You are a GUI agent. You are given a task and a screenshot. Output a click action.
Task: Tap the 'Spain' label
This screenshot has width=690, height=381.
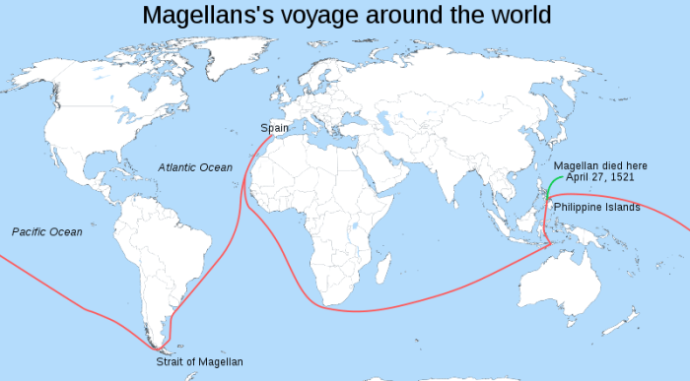pyautogui.click(x=275, y=128)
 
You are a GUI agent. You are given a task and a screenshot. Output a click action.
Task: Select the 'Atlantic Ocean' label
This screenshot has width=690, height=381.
pyautogui.click(x=195, y=167)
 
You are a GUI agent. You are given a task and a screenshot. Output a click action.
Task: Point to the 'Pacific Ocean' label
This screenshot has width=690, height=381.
pyautogui.click(x=47, y=232)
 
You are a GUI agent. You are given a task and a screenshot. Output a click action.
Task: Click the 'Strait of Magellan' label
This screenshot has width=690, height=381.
pyautogui.click(x=199, y=362)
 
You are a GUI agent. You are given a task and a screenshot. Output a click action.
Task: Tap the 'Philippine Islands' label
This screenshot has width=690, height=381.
pyautogui.click(x=596, y=208)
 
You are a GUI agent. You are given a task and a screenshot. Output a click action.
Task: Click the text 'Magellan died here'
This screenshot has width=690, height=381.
pyautogui.click(x=600, y=165)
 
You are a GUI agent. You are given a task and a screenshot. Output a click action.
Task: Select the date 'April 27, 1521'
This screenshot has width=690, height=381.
pyautogui.click(x=599, y=178)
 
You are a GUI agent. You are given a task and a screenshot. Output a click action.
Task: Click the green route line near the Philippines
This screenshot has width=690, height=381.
pyautogui.click(x=554, y=182)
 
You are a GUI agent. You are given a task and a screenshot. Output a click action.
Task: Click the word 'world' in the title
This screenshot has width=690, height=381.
pyautogui.click(x=517, y=15)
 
